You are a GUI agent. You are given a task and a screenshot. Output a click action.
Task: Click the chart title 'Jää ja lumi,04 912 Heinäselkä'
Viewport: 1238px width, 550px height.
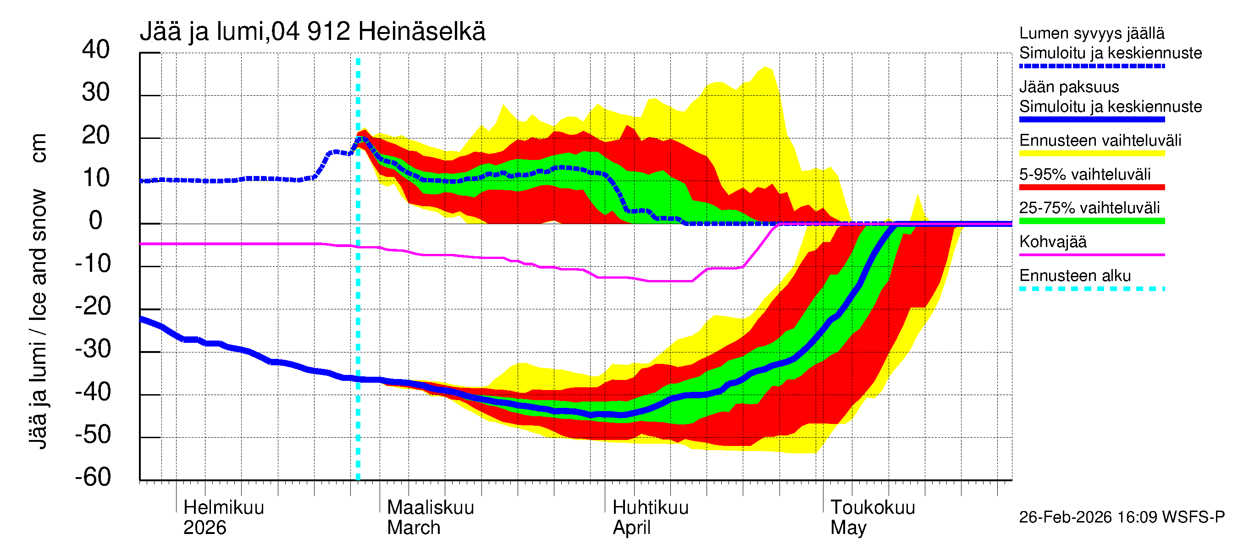(312, 32)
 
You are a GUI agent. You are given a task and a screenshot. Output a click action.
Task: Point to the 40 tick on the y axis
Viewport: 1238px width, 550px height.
(96, 49)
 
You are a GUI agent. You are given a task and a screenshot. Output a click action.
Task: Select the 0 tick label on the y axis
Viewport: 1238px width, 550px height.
(96, 220)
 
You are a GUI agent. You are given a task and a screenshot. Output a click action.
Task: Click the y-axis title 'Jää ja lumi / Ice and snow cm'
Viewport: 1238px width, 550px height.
(38, 291)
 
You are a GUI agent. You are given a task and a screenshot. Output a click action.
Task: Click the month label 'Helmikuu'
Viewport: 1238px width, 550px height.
(223, 507)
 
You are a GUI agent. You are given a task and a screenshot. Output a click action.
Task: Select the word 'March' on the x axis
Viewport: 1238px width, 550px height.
(413, 528)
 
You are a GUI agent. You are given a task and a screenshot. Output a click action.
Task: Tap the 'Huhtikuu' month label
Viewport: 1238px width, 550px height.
(650, 507)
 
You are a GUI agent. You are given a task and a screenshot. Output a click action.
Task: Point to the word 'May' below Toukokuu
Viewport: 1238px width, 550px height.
(848, 528)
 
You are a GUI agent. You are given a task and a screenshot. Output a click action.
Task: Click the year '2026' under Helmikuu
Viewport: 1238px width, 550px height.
(204, 528)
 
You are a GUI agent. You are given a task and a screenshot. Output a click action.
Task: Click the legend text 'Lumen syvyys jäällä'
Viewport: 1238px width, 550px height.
(1091, 33)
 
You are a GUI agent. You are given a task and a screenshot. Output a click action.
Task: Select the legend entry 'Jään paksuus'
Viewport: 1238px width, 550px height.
(1069, 87)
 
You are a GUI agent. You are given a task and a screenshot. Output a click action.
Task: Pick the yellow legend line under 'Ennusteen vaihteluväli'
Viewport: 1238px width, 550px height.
(1091, 153)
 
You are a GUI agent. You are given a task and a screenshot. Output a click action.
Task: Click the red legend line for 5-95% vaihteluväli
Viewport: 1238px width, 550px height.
(1091, 187)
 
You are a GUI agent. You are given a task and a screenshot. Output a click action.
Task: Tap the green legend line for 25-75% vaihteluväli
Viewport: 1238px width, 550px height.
(1091, 221)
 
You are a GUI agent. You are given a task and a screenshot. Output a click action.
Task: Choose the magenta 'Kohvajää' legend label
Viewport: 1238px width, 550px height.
(1052, 242)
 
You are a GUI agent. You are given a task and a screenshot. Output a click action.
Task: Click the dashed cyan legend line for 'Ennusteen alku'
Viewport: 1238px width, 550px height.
(1091, 289)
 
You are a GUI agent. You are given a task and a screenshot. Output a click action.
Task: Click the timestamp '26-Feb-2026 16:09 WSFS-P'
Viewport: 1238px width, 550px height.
(1122, 517)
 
